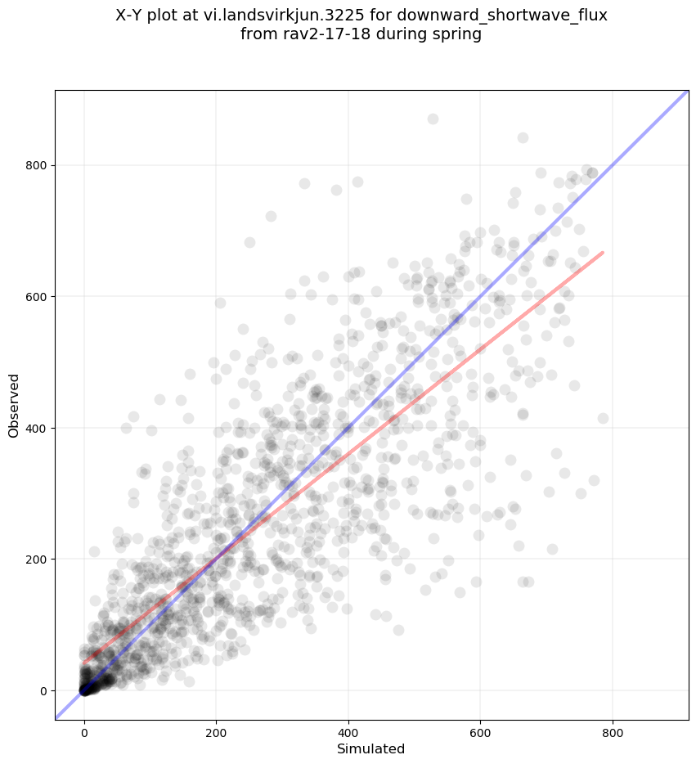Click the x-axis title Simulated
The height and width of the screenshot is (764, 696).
[371, 748]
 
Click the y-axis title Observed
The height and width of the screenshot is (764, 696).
[14, 405]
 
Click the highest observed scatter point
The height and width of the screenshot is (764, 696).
[433, 119]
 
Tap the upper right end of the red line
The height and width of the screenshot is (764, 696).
[603, 252]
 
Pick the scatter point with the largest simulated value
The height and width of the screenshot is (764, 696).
[603, 418]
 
